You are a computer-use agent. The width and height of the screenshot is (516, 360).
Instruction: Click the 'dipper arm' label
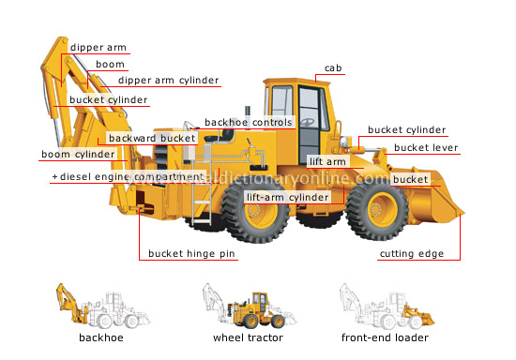tap(99, 48)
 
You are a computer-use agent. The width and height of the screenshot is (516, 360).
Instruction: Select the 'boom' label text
tap(109, 65)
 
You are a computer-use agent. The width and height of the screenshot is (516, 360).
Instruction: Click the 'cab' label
tap(333, 68)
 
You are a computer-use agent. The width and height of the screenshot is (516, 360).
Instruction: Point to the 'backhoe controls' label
tap(249, 122)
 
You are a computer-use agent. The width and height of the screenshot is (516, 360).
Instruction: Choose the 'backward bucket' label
tap(152, 139)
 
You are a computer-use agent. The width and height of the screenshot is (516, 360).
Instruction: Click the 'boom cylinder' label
tap(77, 155)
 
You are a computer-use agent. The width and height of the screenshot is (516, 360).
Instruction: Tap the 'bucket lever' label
tap(425, 147)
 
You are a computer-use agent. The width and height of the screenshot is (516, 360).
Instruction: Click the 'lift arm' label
tap(328, 162)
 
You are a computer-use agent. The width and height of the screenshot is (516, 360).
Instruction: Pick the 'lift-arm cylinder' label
tap(288, 198)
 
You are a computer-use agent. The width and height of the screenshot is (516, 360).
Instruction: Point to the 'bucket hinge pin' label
tap(192, 254)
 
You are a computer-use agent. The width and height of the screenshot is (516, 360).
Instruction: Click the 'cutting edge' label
tap(411, 254)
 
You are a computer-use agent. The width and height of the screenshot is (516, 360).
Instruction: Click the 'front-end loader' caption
tap(387, 337)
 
